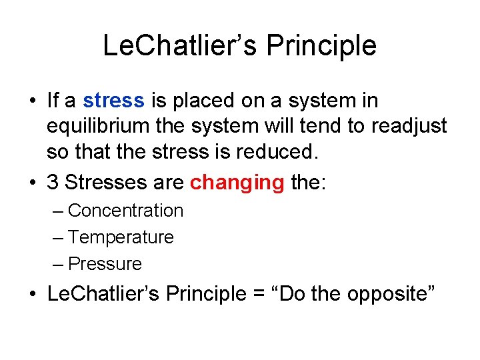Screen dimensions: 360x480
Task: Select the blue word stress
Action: click(113, 101)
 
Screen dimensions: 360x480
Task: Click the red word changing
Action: click(237, 183)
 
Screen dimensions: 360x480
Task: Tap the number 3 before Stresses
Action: click(53, 183)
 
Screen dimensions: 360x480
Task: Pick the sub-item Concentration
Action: click(125, 211)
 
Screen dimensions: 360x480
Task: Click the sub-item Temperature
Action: click(121, 237)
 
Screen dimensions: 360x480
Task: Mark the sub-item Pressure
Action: click(105, 264)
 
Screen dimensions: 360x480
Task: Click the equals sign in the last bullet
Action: click(255, 294)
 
